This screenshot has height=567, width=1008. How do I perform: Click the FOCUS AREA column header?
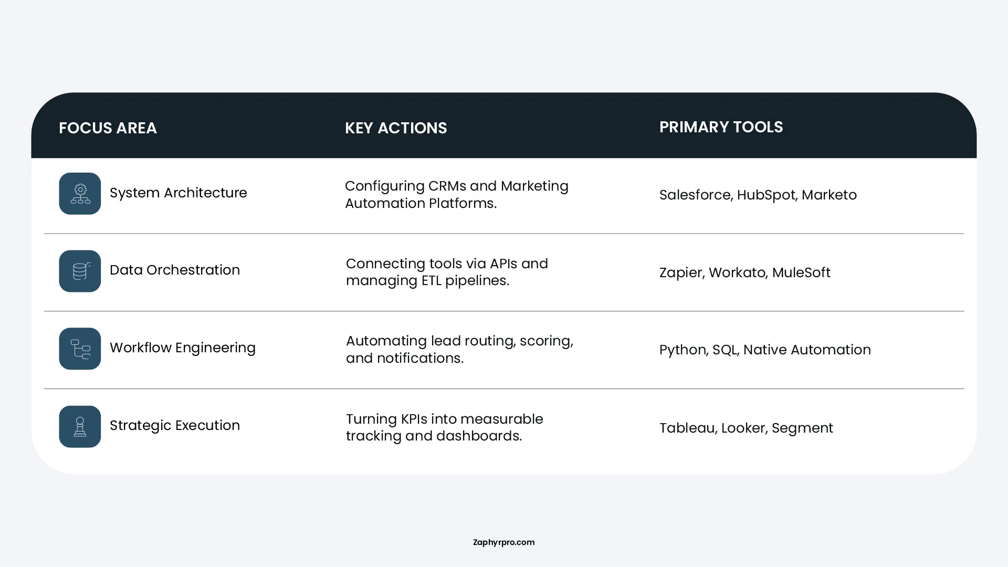tap(108, 128)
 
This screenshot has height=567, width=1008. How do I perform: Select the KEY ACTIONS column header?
tap(396, 128)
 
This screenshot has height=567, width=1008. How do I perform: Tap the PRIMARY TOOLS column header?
tap(721, 127)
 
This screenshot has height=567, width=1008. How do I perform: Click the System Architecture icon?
tap(80, 193)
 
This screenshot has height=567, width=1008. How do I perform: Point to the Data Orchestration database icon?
tap(80, 271)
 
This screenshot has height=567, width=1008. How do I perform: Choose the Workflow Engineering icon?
tap(80, 349)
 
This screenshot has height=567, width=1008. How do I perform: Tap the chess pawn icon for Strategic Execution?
tap(80, 426)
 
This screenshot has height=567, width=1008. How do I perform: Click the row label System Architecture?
tap(178, 193)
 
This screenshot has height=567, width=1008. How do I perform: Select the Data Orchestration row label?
tap(175, 270)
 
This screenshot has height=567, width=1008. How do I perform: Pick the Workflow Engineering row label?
tap(183, 348)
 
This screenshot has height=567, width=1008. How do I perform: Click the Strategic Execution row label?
tap(175, 426)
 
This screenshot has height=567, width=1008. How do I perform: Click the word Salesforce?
tap(695, 195)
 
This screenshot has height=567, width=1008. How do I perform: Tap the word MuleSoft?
tap(801, 272)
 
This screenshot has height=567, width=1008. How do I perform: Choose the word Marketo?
tap(829, 195)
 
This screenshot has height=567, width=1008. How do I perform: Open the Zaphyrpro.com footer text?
tap(503, 542)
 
